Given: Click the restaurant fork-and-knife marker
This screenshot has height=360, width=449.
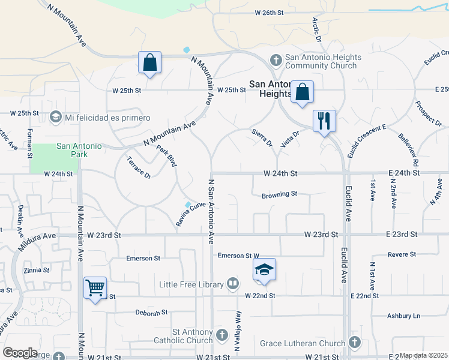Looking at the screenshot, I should click(324, 121).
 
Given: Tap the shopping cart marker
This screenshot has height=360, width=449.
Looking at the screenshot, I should click(95, 289).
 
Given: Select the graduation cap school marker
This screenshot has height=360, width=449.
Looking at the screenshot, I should click(264, 271).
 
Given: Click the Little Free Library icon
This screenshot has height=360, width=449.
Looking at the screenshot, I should click(233, 283).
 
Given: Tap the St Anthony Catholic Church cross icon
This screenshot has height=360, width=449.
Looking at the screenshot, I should click(222, 334).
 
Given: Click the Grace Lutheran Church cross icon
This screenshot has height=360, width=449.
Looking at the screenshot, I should click(354, 343).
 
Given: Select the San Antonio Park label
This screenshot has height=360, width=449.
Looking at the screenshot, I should click(79, 149).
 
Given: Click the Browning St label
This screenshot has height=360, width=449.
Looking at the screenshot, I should click(280, 194).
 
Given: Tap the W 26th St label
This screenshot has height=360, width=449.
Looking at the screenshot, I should click(268, 12).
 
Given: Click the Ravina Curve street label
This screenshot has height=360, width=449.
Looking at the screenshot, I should click(191, 210).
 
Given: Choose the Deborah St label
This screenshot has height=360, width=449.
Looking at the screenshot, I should click(151, 313).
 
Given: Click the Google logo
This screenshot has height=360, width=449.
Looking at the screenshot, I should click(20, 352).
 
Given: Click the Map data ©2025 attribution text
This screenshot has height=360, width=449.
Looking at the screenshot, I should click(424, 355).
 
